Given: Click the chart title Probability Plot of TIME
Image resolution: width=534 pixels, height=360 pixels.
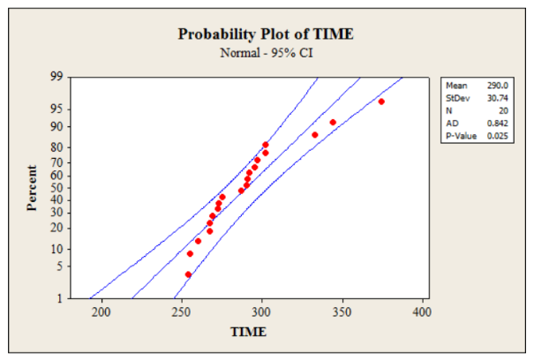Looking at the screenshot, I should [x=266, y=35].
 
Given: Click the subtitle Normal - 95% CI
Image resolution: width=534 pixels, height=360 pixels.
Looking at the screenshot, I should [x=266, y=53].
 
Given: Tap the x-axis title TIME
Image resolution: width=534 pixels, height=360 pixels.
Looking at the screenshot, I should [x=248, y=332].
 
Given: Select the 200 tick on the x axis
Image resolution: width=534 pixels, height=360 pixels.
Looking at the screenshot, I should [x=102, y=311].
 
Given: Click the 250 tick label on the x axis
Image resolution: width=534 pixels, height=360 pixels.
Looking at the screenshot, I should [x=181, y=311].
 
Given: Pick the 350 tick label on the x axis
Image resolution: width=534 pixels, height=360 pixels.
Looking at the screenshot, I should [x=342, y=311].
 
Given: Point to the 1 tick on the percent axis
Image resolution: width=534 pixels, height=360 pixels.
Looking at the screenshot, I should [x=58, y=298].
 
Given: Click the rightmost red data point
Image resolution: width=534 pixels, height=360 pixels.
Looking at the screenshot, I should [x=381, y=101].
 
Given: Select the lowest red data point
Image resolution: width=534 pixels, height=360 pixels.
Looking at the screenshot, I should [x=188, y=274].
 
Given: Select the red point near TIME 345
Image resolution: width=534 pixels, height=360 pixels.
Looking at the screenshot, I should [x=333, y=123].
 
